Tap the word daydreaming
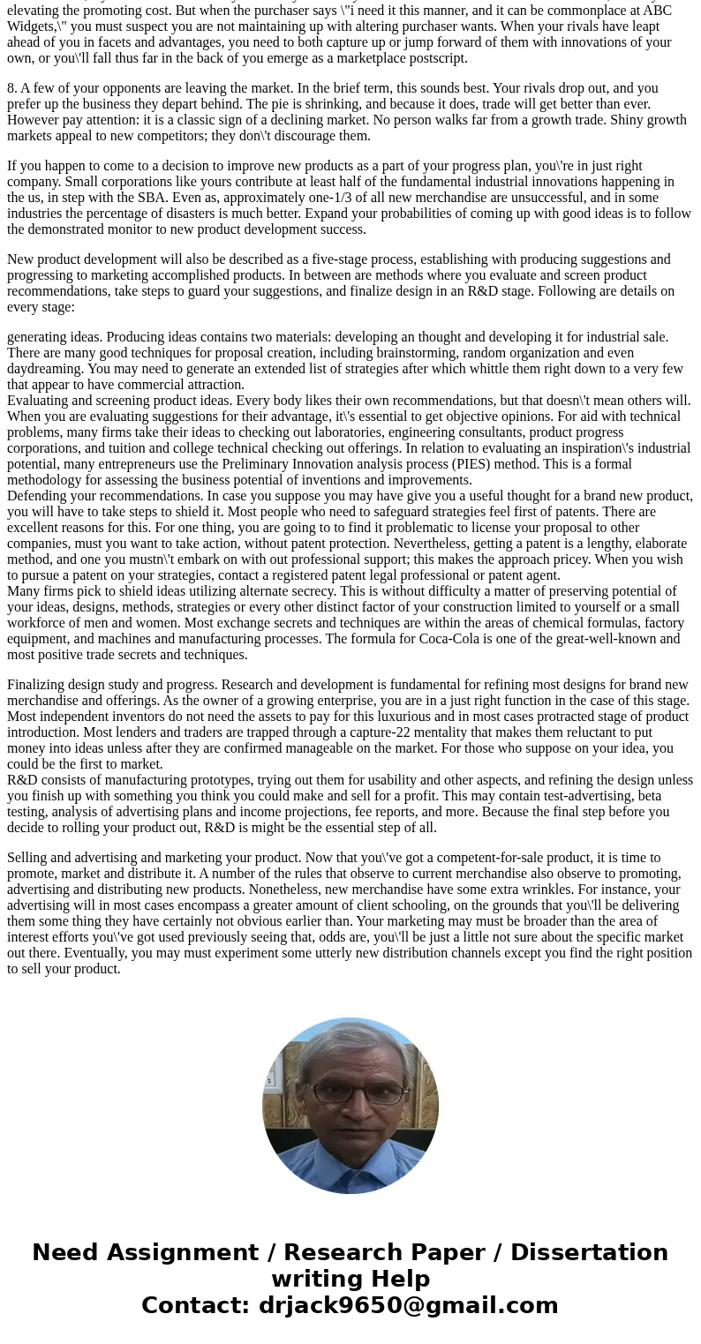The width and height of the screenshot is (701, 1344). [x=44, y=369]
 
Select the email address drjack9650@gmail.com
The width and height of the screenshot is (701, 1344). [x=408, y=1306]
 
